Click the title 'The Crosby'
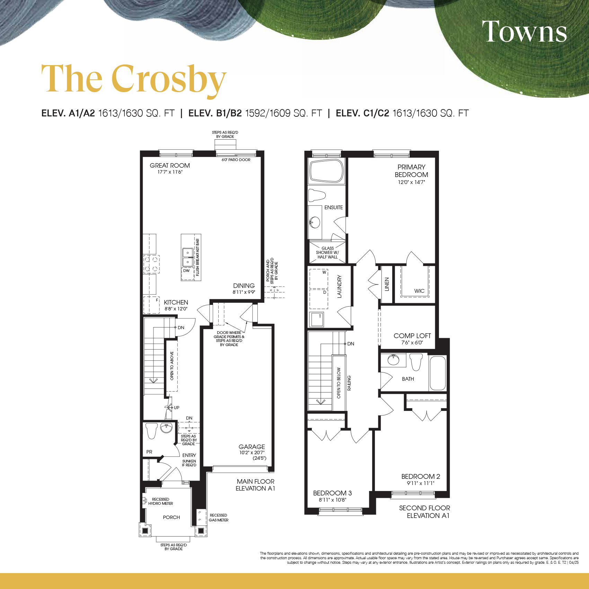(134, 79)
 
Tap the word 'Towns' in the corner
(524, 31)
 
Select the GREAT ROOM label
(170, 166)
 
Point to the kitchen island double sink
(188, 257)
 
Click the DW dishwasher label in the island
(186, 271)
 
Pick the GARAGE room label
(252, 447)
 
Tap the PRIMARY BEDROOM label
(411, 171)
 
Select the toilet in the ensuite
(317, 195)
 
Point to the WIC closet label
(419, 291)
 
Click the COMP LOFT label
(412, 336)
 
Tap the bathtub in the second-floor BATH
(438, 373)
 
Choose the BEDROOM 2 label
(421, 476)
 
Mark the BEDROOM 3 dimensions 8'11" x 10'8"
(332, 500)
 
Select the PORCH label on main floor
(172, 517)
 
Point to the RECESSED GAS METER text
(219, 518)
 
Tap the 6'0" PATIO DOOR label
(236, 160)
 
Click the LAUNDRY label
(340, 287)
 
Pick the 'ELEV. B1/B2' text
(215, 113)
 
